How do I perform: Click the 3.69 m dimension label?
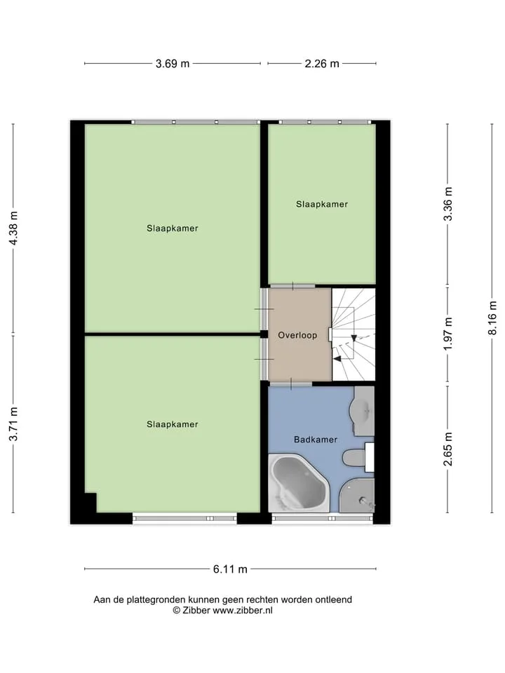[x=173, y=64]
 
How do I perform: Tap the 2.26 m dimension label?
[x=322, y=64]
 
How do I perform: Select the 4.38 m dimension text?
[x=14, y=228]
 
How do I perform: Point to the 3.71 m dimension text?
[x=14, y=424]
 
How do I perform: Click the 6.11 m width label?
[x=230, y=569]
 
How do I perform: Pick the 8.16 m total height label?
[x=492, y=318]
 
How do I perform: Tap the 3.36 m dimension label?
[x=448, y=204]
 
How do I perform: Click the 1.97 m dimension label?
[x=448, y=334]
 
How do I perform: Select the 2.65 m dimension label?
[x=448, y=449]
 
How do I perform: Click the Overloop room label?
[x=297, y=335]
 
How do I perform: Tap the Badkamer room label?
[x=316, y=440]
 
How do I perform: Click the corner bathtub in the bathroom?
[x=299, y=483]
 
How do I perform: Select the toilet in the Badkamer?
[x=358, y=458]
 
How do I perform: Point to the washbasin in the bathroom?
[x=363, y=411]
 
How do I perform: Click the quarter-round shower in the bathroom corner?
[x=357, y=496]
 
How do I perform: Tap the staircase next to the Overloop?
[x=353, y=334]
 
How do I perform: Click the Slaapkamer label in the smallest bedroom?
[x=322, y=204]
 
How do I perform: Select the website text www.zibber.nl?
[x=243, y=611]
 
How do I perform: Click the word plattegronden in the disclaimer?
[x=156, y=600]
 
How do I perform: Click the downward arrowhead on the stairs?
[x=353, y=338]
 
